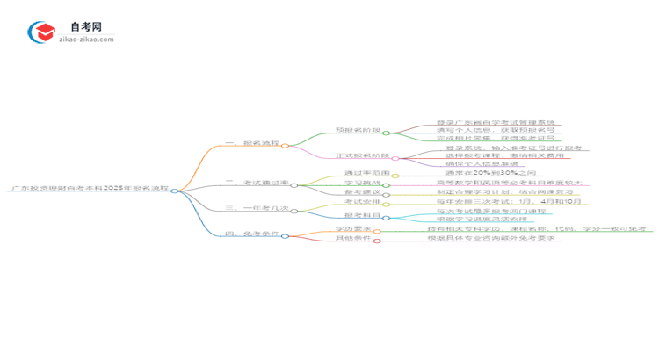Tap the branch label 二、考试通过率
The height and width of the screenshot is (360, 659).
coord(257,183)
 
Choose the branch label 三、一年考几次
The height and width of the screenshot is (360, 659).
coord(257,208)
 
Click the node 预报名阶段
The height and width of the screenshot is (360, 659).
coord(358,130)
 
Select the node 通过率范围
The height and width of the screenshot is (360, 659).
coord(367,174)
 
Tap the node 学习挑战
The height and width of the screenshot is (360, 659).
coord(362,183)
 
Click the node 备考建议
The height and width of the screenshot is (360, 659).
coord(362,191)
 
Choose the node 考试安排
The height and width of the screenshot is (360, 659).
coord(360,202)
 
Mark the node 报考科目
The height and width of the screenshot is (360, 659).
coord(362,215)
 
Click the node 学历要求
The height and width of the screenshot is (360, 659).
coord(353,229)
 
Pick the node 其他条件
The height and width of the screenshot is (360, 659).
coord(353,239)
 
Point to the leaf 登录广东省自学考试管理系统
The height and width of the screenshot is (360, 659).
coord(496,123)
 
